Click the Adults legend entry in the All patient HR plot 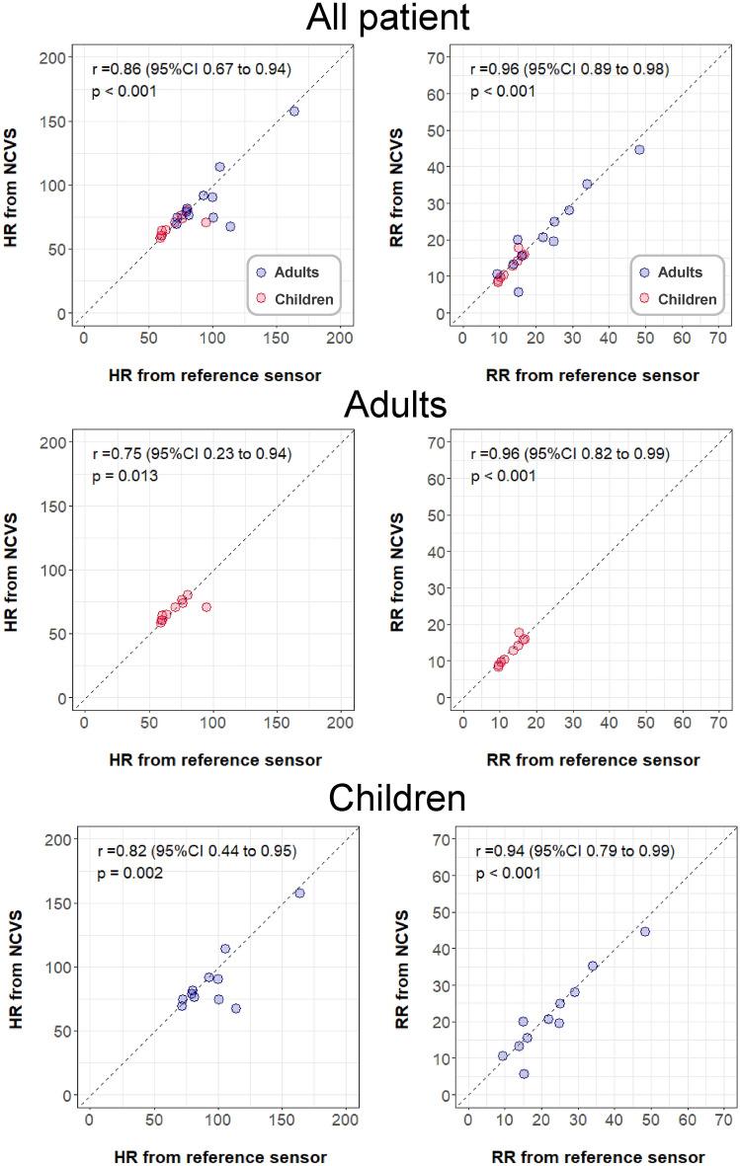pyautogui.click(x=291, y=272)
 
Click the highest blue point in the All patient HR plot pyautogui.click(x=293, y=112)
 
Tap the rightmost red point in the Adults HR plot pyautogui.click(x=206, y=606)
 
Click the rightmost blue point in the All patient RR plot pyautogui.click(x=639, y=149)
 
